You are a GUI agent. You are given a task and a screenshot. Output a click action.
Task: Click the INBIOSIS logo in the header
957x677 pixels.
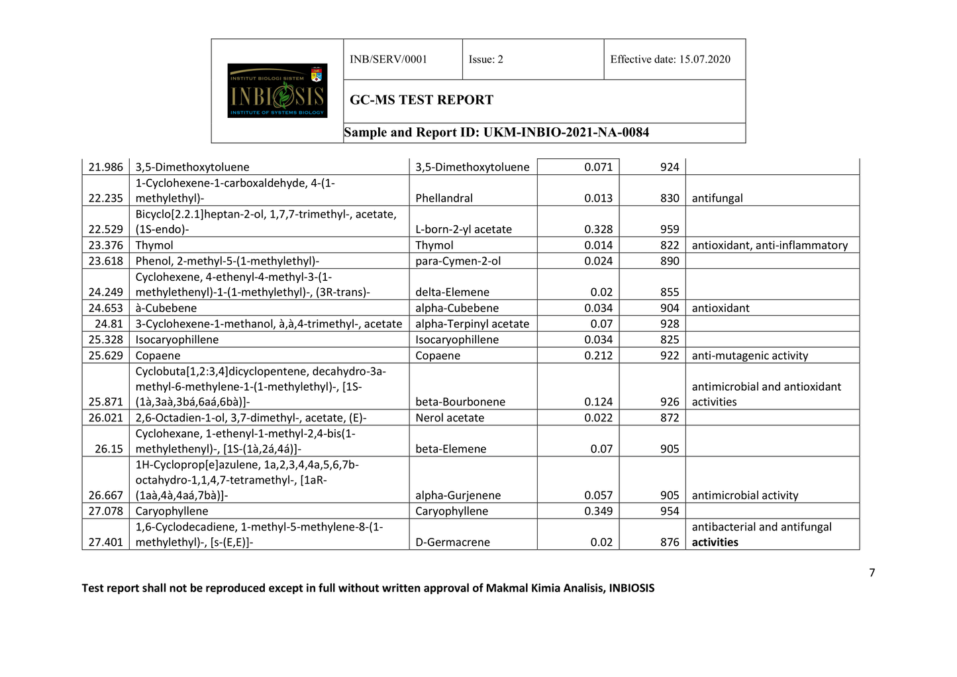pos(277,91)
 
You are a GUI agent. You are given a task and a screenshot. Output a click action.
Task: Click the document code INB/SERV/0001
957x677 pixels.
pos(388,60)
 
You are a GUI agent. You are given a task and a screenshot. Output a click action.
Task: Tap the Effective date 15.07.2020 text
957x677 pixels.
pos(670,60)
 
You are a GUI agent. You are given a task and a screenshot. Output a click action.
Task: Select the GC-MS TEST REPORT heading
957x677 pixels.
pos(421,100)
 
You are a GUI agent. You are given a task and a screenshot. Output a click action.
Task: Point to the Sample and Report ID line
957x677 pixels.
pos(496,132)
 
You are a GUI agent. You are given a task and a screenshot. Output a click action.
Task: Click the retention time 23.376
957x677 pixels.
pos(106,246)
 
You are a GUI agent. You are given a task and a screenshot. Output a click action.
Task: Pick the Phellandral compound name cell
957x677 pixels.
pos(444,198)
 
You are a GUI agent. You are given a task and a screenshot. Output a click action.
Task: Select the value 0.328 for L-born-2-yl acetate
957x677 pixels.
pos(598,229)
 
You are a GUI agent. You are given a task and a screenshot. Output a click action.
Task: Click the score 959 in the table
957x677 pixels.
pos(669,229)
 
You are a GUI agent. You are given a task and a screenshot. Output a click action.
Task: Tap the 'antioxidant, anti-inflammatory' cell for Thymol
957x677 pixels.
pos(769,246)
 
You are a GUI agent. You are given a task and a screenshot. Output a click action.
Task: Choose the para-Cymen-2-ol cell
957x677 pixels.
pos(458,261)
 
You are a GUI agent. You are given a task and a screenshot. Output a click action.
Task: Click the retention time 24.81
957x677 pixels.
pos(109,324)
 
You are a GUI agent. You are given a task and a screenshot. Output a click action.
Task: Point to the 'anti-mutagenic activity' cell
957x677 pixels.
pos(750,356)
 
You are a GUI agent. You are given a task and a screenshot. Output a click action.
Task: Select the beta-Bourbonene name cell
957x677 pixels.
pos(460,402)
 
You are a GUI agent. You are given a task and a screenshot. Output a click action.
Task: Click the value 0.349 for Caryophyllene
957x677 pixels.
pos(598,511)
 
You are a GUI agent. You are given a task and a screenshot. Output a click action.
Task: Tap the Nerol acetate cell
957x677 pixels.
pos(449,418)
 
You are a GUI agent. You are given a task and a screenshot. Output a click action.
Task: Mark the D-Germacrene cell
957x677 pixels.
pos(452,543)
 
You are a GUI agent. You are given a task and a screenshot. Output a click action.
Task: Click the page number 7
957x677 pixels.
pos(872,573)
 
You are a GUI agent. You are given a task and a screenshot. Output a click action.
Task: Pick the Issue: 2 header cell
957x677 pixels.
pos(485,60)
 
